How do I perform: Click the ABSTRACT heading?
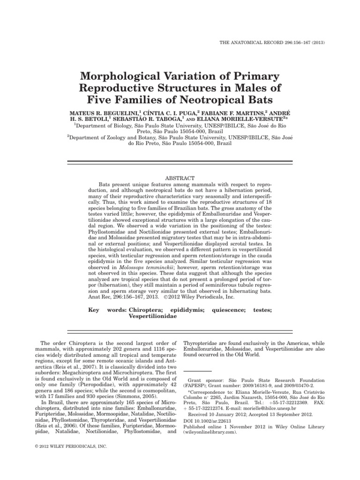[180, 178]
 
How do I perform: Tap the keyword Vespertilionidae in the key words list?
[152, 316]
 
